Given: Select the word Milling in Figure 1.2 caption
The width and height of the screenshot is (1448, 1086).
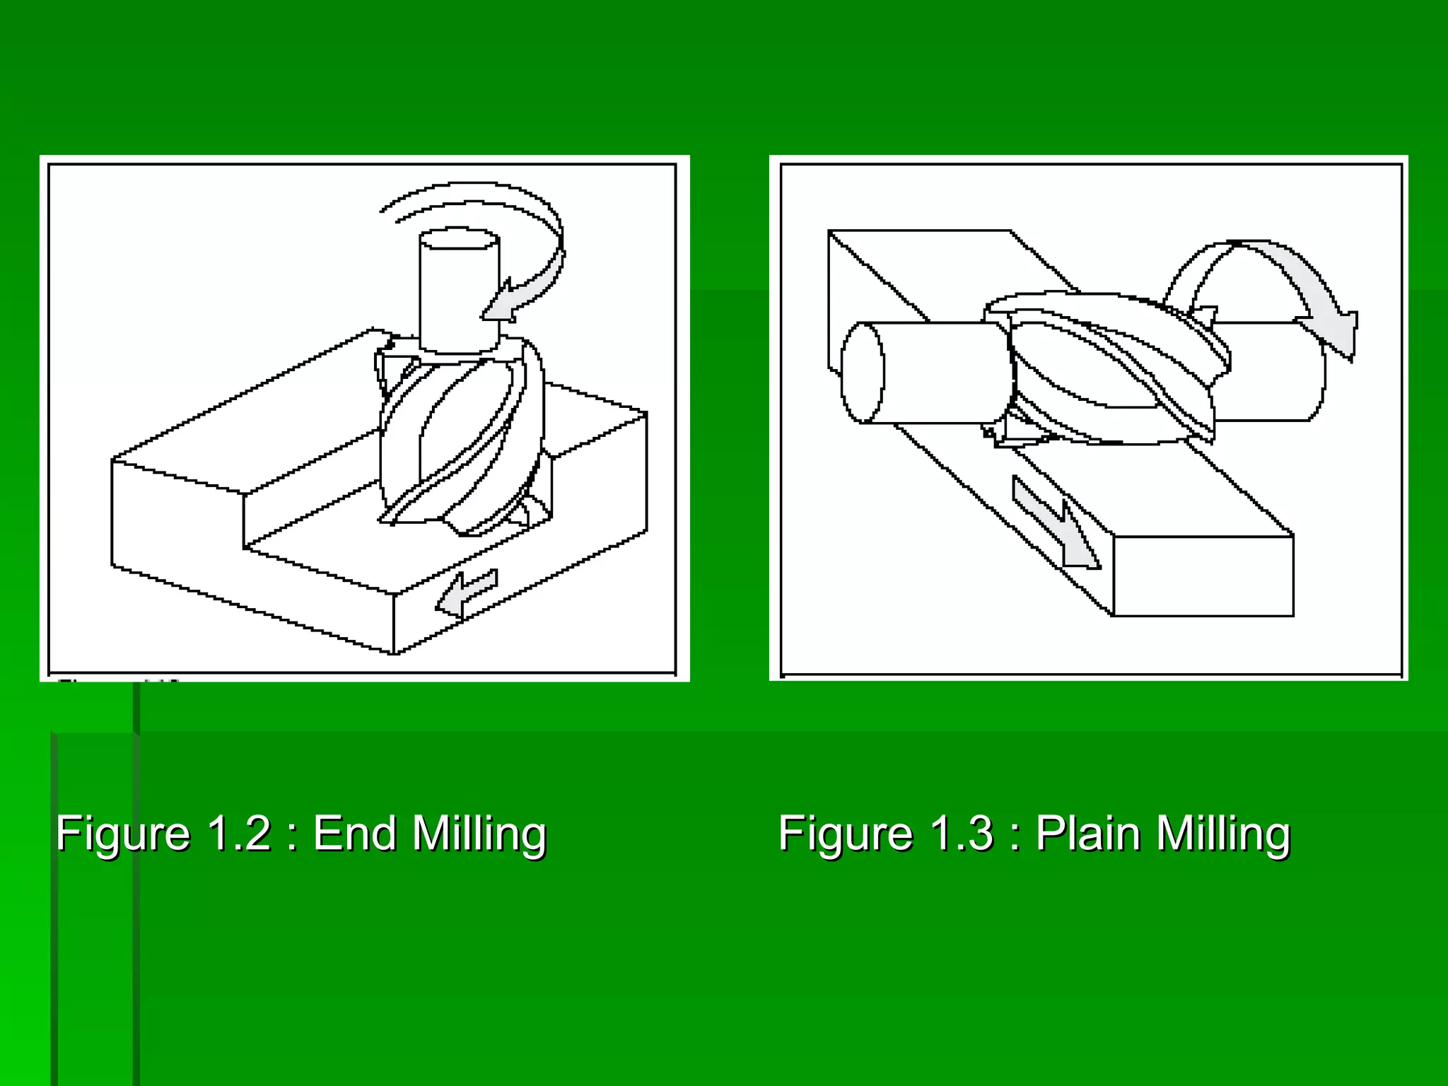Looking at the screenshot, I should [x=479, y=834].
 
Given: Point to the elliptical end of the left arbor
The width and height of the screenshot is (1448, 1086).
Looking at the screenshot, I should [x=862, y=373].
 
